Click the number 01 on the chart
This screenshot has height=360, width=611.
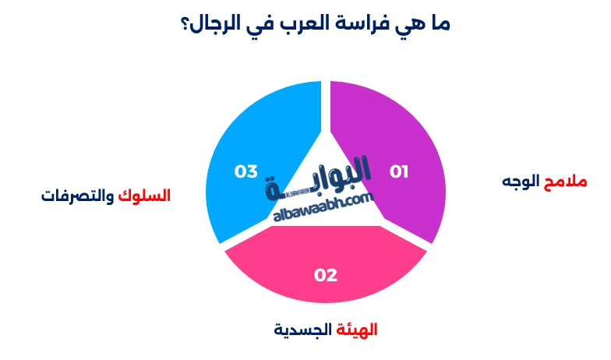tap(399, 171)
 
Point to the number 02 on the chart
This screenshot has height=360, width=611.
tap(326, 274)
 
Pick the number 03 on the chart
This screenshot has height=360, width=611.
tap(246, 171)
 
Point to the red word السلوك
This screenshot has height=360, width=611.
tap(147, 195)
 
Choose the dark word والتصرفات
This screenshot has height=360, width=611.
tap(79, 195)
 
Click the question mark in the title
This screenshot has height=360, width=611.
tap(185, 23)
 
